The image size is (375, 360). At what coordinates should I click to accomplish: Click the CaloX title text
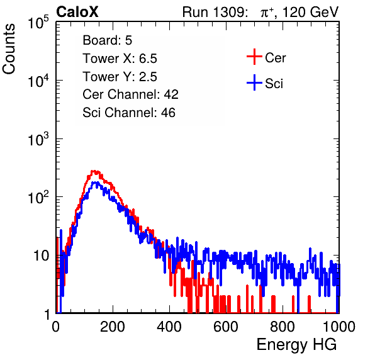[x=77, y=12]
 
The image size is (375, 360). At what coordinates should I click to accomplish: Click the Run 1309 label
[x=215, y=12]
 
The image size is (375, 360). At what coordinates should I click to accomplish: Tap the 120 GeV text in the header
[x=310, y=12]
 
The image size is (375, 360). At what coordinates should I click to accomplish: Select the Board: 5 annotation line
[x=108, y=40]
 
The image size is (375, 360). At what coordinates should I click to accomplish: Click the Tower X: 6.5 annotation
[x=120, y=59]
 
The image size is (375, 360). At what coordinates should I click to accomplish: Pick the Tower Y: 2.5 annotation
[x=120, y=77]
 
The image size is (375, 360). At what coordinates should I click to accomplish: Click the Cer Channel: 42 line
[x=131, y=94]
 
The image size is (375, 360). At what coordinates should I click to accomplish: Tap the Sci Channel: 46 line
[x=129, y=113]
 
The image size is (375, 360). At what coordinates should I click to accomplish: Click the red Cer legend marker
[x=254, y=57]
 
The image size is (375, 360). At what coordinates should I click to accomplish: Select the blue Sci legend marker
[x=254, y=83]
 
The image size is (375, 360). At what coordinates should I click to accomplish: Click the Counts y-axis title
[x=9, y=48]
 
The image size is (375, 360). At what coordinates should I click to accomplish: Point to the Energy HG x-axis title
[x=296, y=345]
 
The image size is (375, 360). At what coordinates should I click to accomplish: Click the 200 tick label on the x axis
[x=113, y=327]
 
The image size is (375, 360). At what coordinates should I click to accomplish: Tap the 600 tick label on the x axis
[x=226, y=327]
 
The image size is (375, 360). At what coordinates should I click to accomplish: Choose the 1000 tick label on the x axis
[x=339, y=327]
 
